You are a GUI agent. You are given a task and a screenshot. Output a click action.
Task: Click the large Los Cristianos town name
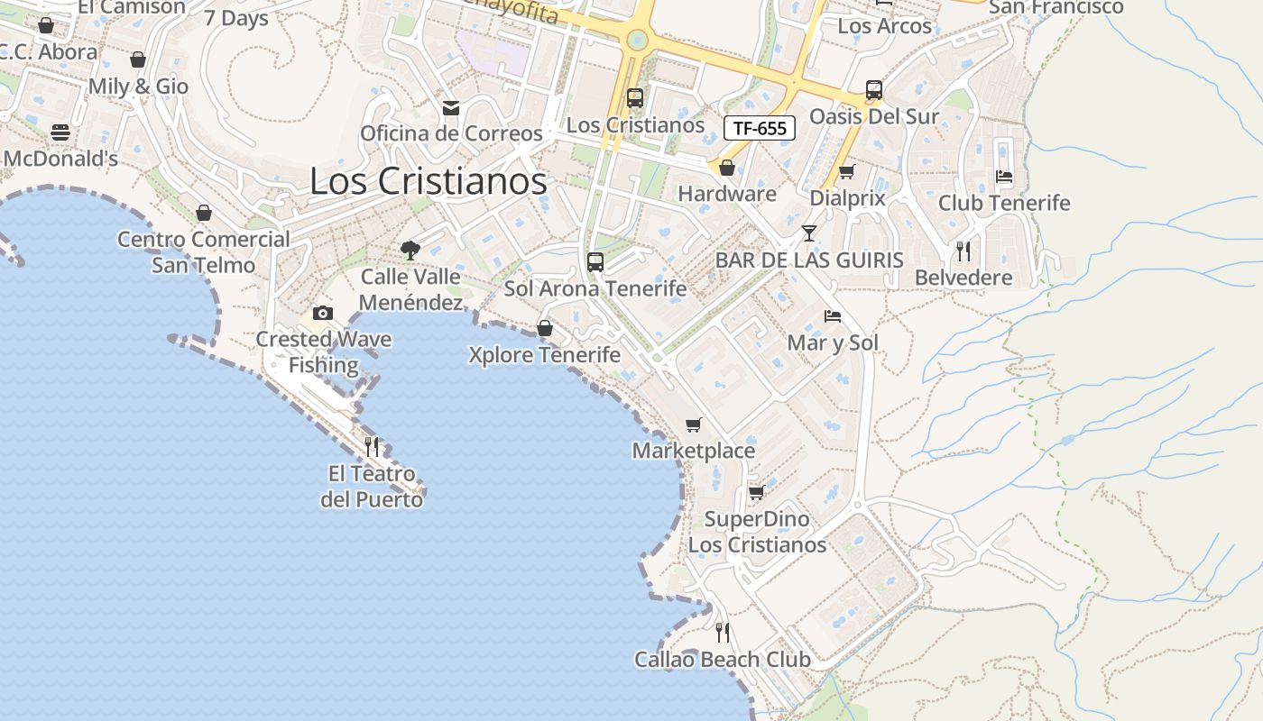(x=429, y=181)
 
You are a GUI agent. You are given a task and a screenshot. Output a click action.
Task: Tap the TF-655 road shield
(x=760, y=128)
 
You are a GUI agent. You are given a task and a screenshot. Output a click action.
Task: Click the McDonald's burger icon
(x=60, y=132)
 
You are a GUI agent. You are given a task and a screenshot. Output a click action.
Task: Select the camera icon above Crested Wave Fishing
(x=323, y=313)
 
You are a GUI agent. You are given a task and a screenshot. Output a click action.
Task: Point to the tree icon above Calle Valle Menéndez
(x=410, y=250)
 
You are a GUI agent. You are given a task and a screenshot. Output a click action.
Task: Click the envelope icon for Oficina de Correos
(x=451, y=108)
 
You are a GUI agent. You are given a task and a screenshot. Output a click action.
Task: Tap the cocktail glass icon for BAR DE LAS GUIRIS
(x=808, y=233)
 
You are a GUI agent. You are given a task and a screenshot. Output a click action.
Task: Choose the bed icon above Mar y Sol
(x=833, y=316)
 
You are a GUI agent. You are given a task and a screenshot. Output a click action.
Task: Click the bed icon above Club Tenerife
(x=1004, y=177)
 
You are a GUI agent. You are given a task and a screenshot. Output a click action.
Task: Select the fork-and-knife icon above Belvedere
(x=963, y=251)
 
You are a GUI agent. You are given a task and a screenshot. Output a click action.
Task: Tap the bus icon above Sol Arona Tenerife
(x=595, y=262)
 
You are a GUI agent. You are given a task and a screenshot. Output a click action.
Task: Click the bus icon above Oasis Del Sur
(x=873, y=90)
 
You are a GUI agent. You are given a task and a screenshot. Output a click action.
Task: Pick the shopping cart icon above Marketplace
(x=693, y=424)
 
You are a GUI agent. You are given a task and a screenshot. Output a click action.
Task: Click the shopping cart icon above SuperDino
(x=757, y=492)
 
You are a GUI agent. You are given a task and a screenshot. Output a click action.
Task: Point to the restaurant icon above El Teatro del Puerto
(x=371, y=446)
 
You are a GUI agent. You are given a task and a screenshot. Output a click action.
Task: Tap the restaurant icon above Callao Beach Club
(x=722, y=632)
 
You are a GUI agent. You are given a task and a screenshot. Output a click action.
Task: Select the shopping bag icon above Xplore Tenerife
(x=545, y=328)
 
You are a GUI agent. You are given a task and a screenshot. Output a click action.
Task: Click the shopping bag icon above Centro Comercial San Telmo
(x=204, y=213)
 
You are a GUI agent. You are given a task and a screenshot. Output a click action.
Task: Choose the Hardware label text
(x=727, y=194)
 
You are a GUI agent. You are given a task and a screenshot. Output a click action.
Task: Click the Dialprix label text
(x=848, y=198)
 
